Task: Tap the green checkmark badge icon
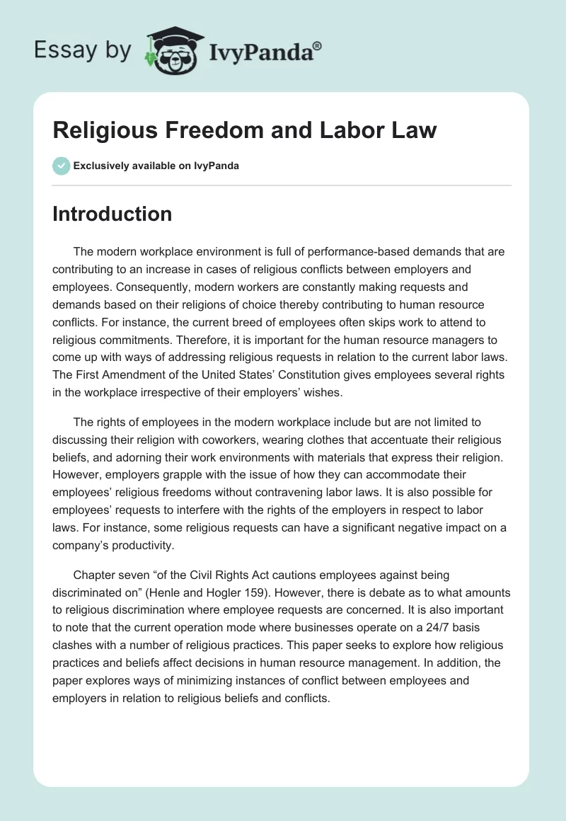tap(61, 166)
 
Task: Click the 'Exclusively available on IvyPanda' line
tap(156, 166)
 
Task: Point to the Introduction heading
tap(112, 214)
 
